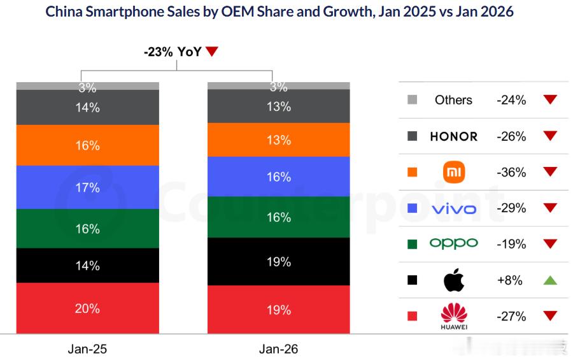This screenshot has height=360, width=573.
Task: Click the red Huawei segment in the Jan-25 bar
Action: coord(87,308)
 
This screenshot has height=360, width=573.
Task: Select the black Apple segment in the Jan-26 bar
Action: coord(278,262)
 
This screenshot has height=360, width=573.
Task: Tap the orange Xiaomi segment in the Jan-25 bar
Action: coord(87,145)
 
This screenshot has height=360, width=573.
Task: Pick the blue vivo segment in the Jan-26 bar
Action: coord(278,176)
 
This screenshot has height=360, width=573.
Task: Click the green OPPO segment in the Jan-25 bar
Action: coord(87,229)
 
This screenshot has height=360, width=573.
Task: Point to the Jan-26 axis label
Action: coord(278,349)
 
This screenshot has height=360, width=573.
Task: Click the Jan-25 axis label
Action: coord(87,349)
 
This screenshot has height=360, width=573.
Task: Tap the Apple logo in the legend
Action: coord(454,280)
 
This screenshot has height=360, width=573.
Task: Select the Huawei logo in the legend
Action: coord(454,317)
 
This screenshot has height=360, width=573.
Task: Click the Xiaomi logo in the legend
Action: coord(454,172)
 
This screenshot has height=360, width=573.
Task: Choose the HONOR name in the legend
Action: coord(454,136)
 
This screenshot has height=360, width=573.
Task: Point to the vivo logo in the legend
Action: coord(454,208)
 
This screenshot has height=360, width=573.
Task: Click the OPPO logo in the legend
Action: coord(454,243)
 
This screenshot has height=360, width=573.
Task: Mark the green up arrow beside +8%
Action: coord(550,280)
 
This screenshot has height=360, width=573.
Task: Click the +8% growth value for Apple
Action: coord(511,280)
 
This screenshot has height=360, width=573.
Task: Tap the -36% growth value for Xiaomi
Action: coord(511,172)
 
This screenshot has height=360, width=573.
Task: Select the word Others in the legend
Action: coord(453,100)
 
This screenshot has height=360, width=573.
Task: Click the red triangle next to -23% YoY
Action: coord(212,52)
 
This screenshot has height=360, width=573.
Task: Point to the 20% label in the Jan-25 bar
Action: coord(87,308)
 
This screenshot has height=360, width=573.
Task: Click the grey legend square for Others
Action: coord(412,100)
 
